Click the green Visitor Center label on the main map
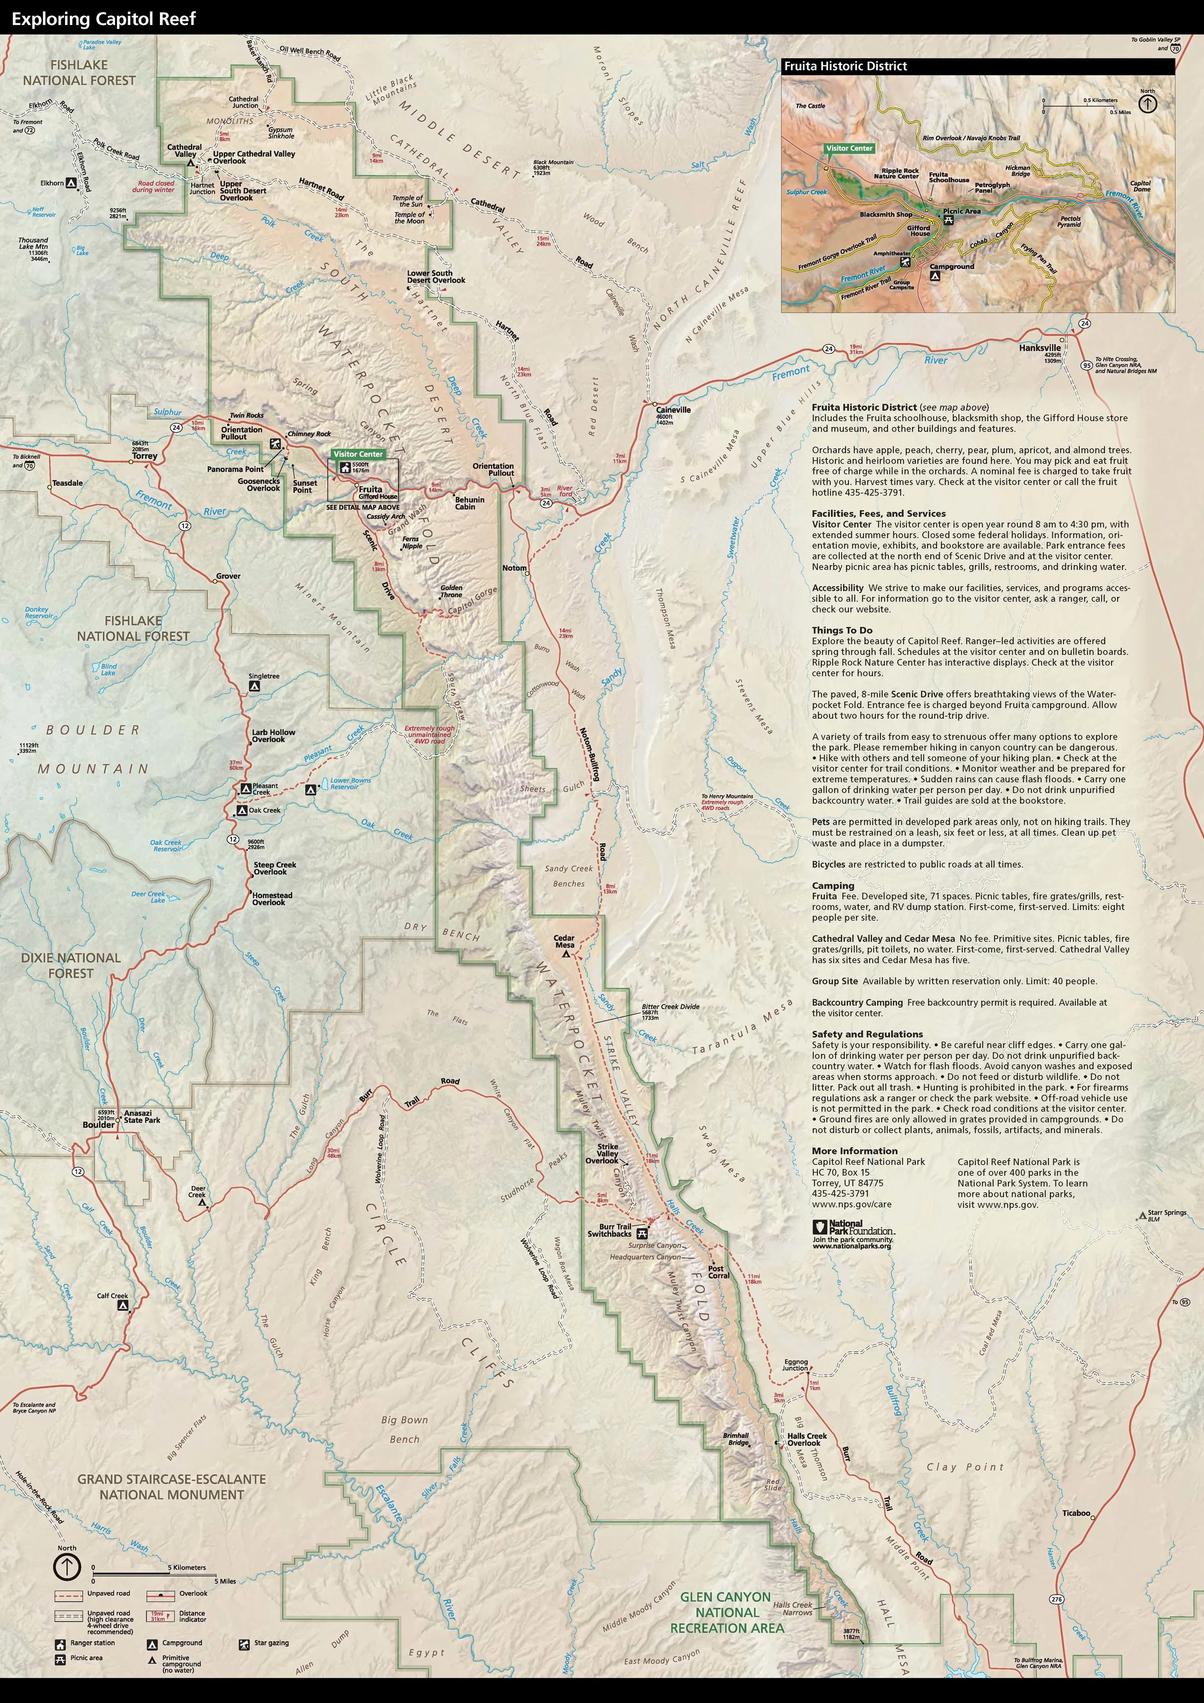tap(357, 454)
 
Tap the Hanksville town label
tap(1039, 347)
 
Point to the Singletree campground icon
tap(254, 687)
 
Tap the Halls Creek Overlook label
tap(806, 1439)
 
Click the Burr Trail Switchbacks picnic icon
tap(641, 1233)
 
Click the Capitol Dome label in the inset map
tap(1140, 185)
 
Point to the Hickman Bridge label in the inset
tap(1018, 170)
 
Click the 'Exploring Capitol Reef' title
tap(104, 19)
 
